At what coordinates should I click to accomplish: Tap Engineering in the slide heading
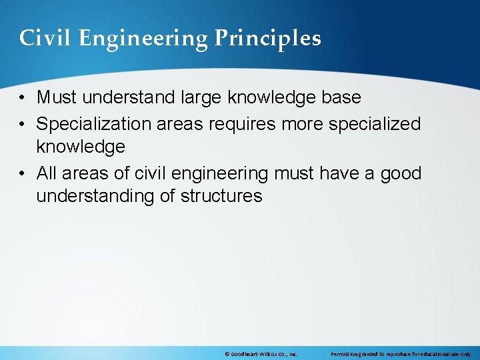point(144,39)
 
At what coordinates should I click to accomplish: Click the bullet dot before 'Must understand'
point(23,98)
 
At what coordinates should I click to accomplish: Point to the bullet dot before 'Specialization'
point(23,124)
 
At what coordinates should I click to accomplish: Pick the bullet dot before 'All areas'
point(23,174)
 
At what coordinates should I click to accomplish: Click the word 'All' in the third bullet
point(48,173)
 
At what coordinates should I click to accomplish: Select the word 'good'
point(401,173)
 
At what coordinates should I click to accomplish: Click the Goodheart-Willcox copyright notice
point(261,354)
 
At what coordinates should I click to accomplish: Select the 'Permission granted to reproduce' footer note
point(401,354)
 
